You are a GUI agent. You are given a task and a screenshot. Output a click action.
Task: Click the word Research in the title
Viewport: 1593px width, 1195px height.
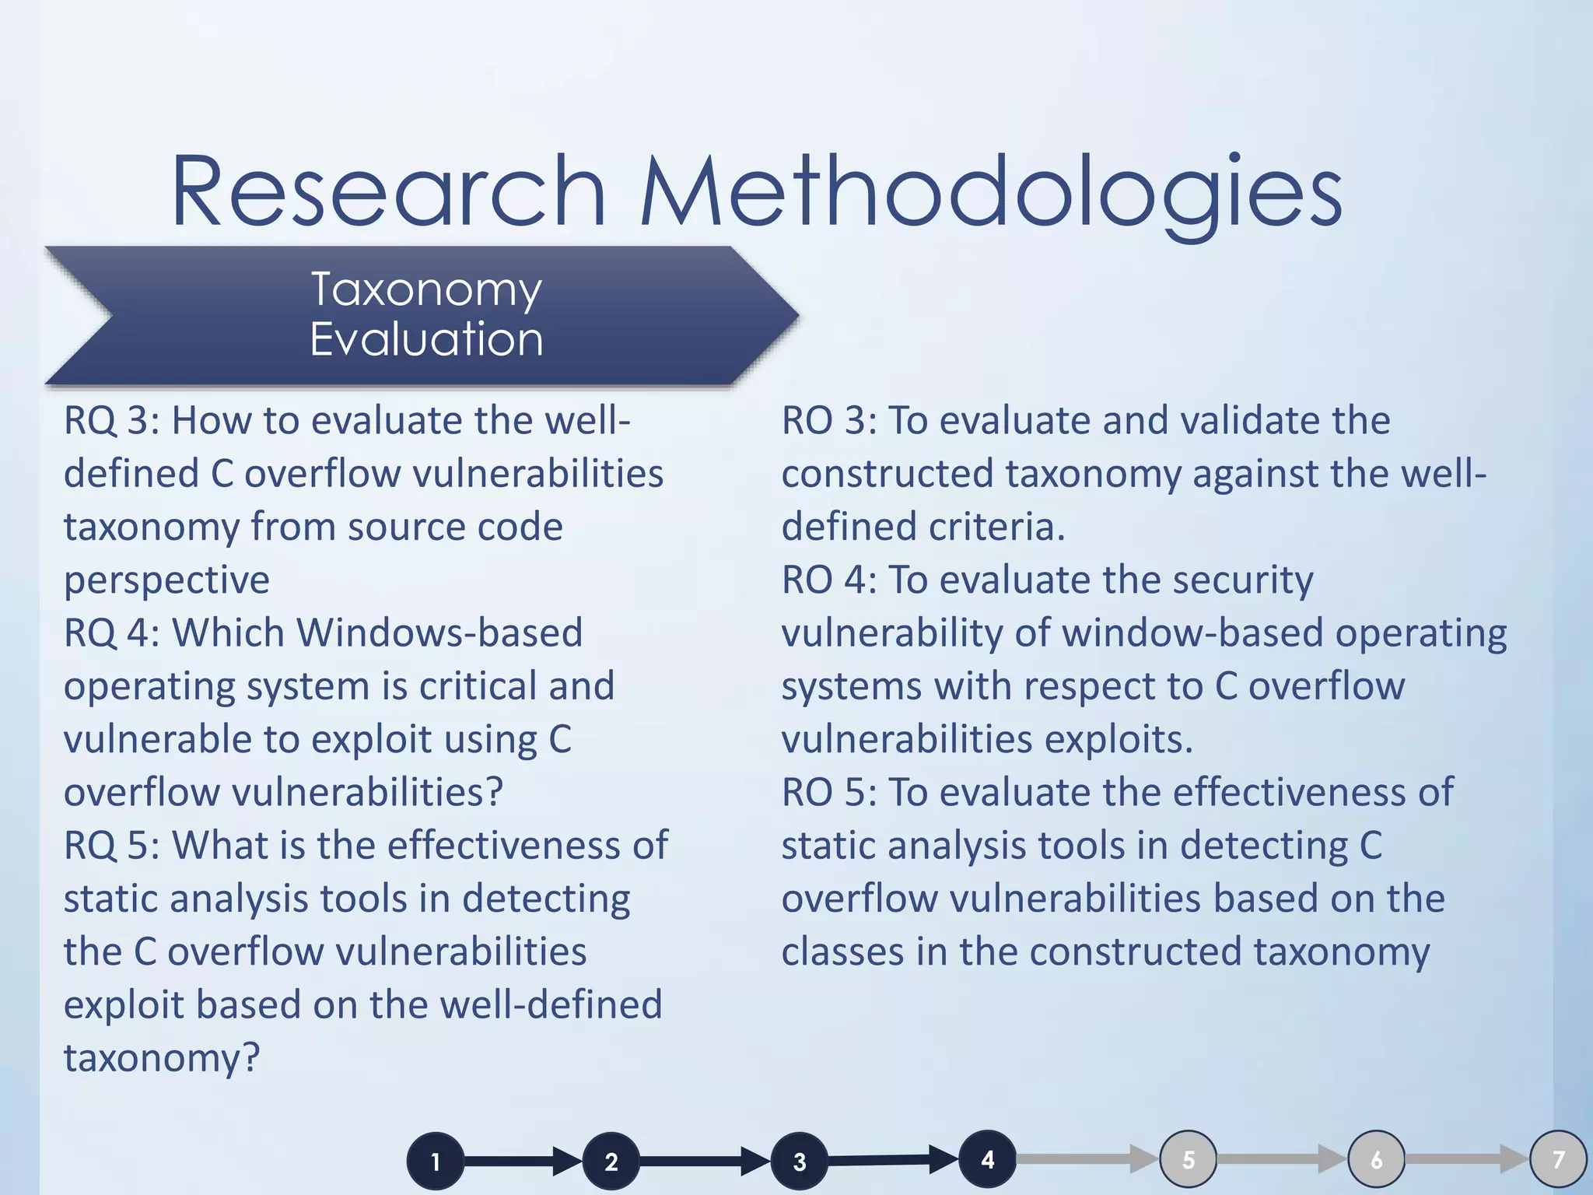pos(387,192)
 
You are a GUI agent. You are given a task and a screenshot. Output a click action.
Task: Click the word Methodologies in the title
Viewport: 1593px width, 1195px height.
pos(989,194)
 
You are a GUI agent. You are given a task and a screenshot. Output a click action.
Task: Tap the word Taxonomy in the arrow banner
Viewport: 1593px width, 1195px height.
pos(426,290)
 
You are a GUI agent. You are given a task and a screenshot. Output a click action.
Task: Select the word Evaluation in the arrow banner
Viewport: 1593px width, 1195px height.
pos(426,340)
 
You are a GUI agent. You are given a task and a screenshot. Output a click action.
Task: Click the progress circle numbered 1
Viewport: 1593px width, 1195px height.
pos(436,1162)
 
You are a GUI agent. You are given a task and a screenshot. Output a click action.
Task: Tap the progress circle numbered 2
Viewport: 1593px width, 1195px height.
pos(611,1162)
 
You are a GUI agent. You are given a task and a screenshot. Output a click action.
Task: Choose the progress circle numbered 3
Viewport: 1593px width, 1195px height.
pos(800,1162)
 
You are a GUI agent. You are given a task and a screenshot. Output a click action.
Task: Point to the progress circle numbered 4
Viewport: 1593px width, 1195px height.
pos(987,1159)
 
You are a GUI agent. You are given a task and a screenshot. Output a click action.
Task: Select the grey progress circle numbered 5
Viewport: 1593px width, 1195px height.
pos(1189,1159)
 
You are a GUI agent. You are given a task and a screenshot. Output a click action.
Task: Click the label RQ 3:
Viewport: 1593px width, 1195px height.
pos(111,421)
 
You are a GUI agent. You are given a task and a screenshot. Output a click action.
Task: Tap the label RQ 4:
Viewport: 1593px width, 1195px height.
pos(111,633)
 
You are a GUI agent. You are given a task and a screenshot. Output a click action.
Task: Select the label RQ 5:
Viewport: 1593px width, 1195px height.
pos(111,846)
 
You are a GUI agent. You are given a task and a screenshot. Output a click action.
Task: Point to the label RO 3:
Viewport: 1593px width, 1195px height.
pos(829,421)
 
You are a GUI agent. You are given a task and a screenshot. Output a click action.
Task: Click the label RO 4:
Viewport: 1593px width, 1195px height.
pos(829,580)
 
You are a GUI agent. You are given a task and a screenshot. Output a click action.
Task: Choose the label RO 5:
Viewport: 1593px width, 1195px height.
pos(829,793)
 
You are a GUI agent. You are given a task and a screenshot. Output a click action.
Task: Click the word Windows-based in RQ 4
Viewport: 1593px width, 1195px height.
pos(439,633)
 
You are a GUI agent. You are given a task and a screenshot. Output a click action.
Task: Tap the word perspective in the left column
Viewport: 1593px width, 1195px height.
pos(166,580)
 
